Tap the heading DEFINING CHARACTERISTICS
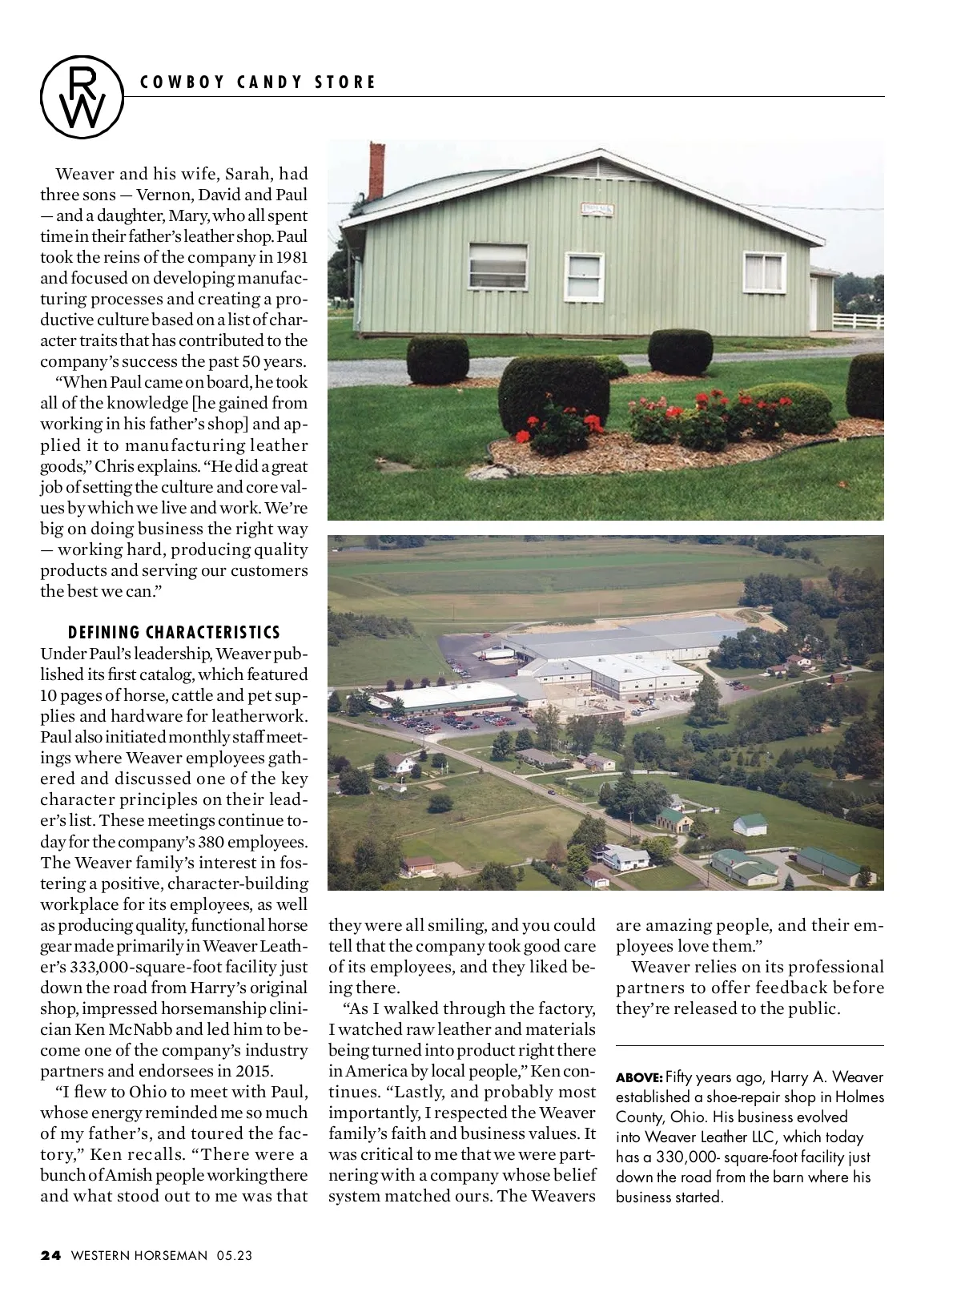point(174,633)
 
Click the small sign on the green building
point(597,210)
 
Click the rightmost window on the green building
point(763,272)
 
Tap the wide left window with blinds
point(497,266)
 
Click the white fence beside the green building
point(858,321)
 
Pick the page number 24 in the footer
point(50,1255)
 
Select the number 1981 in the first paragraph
point(292,257)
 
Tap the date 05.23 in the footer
point(234,1255)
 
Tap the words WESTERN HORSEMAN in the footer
point(139,1255)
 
